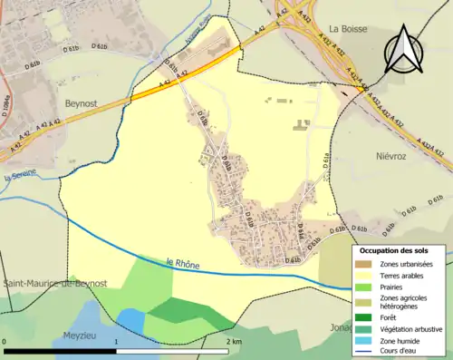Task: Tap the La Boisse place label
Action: click(352, 29)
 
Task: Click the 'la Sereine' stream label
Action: click(19, 177)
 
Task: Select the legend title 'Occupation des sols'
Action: click(400, 249)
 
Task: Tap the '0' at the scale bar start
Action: click(6, 341)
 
